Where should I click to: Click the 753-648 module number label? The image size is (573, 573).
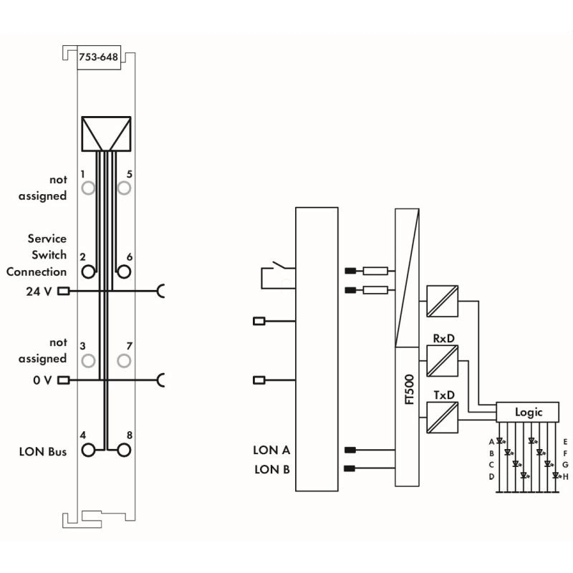pos(98,59)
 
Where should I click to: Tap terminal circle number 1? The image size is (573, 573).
pos(88,188)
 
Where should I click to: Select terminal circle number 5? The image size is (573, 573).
pos(124,188)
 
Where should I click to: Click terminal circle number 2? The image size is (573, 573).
pos(88,271)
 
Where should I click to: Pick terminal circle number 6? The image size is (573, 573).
pos(124,271)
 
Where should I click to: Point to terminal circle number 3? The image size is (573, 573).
pos(88,360)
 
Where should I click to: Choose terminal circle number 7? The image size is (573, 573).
pos(124,360)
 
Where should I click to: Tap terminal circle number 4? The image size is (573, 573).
pos(88,450)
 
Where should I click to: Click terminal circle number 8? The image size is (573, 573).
pos(124,450)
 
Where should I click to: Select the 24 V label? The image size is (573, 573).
pos(39,292)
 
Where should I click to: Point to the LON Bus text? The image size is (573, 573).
pos(42,452)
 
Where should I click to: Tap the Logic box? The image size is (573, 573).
pos(529,412)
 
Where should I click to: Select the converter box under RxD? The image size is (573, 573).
pos(442,360)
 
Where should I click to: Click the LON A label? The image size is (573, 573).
pos(271,451)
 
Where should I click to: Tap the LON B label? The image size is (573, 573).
pos(271,470)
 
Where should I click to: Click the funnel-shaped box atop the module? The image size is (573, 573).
pos(106,134)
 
